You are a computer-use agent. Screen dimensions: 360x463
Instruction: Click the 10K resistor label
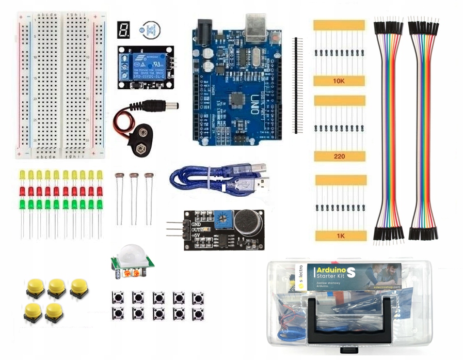coord(339,82)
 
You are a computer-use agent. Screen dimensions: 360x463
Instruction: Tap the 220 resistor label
coord(339,156)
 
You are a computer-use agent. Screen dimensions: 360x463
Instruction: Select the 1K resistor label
coord(340,236)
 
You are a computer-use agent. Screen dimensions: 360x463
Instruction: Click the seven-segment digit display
coord(123,30)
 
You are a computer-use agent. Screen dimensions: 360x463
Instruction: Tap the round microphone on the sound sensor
coord(247,223)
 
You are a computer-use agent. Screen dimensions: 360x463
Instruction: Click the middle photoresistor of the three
coord(134,178)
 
